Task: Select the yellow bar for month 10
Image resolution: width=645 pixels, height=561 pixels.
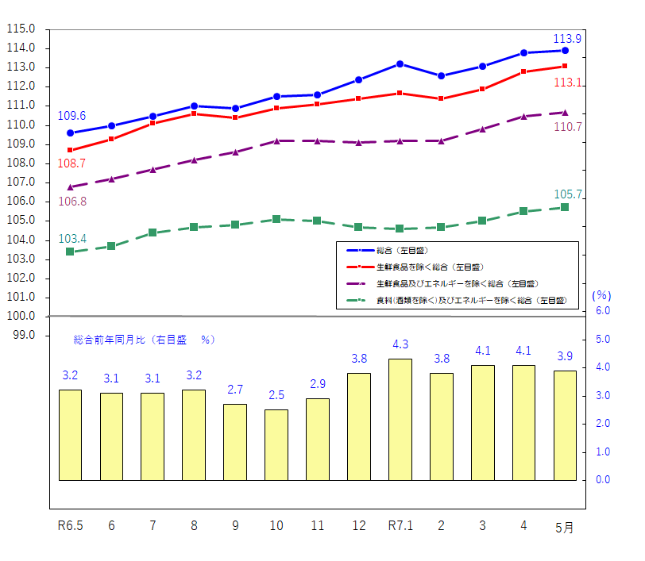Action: (x=276, y=444)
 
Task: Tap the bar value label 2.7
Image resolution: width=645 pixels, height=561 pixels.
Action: (x=234, y=390)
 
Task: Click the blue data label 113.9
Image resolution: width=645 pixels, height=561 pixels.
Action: (x=566, y=38)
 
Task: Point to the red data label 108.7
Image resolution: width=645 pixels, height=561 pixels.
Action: (x=71, y=163)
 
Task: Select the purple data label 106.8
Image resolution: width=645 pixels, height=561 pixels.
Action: (x=72, y=202)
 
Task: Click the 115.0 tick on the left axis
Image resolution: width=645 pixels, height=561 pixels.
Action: (x=21, y=29)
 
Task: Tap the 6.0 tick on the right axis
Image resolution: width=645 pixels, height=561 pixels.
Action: (x=602, y=311)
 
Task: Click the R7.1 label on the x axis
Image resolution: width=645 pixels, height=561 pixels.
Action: (x=400, y=525)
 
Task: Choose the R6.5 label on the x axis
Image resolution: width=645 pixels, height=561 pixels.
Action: (x=71, y=525)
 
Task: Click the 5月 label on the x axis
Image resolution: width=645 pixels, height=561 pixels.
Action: (x=565, y=527)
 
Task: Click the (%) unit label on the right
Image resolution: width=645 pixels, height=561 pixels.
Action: (x=601, y=294)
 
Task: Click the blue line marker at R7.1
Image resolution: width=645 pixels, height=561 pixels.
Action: (x=400, y=63)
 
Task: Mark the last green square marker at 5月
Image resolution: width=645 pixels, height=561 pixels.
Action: (x=565, y=207)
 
